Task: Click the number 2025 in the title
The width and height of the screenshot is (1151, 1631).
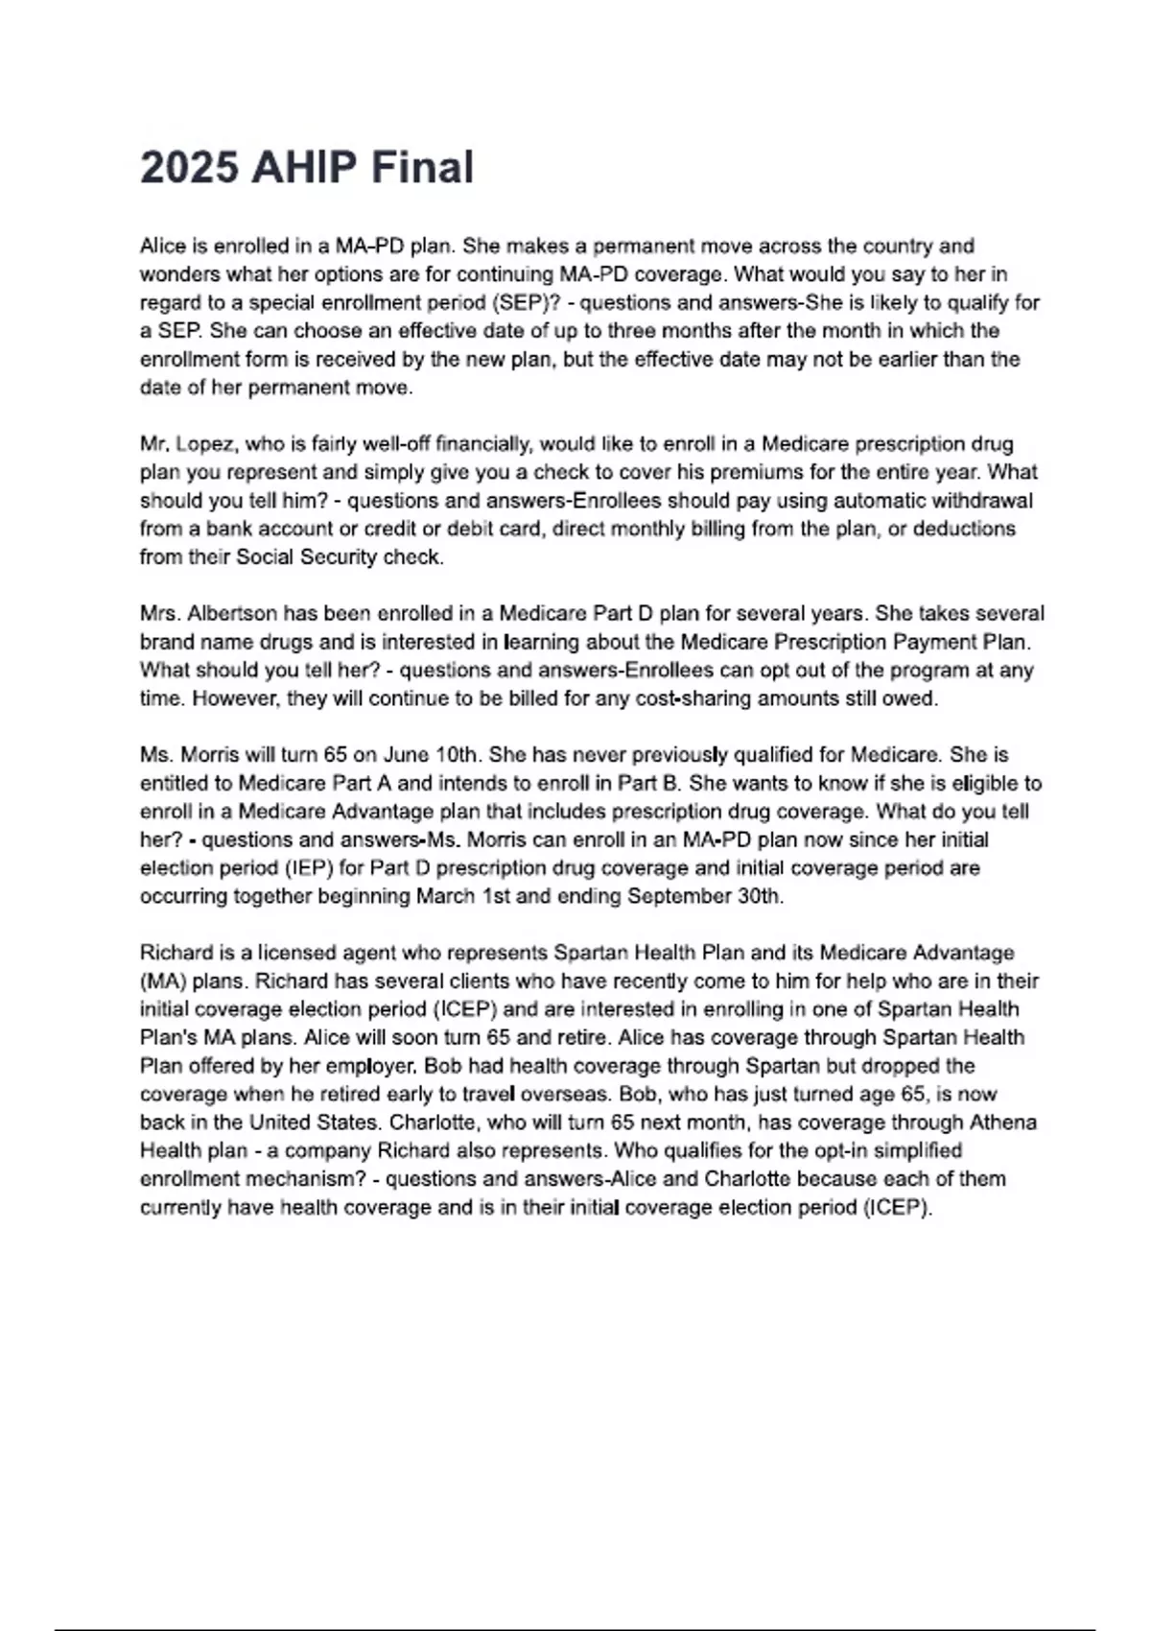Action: coord(189,168)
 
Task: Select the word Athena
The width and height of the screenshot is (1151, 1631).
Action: coord(1002,1123)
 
